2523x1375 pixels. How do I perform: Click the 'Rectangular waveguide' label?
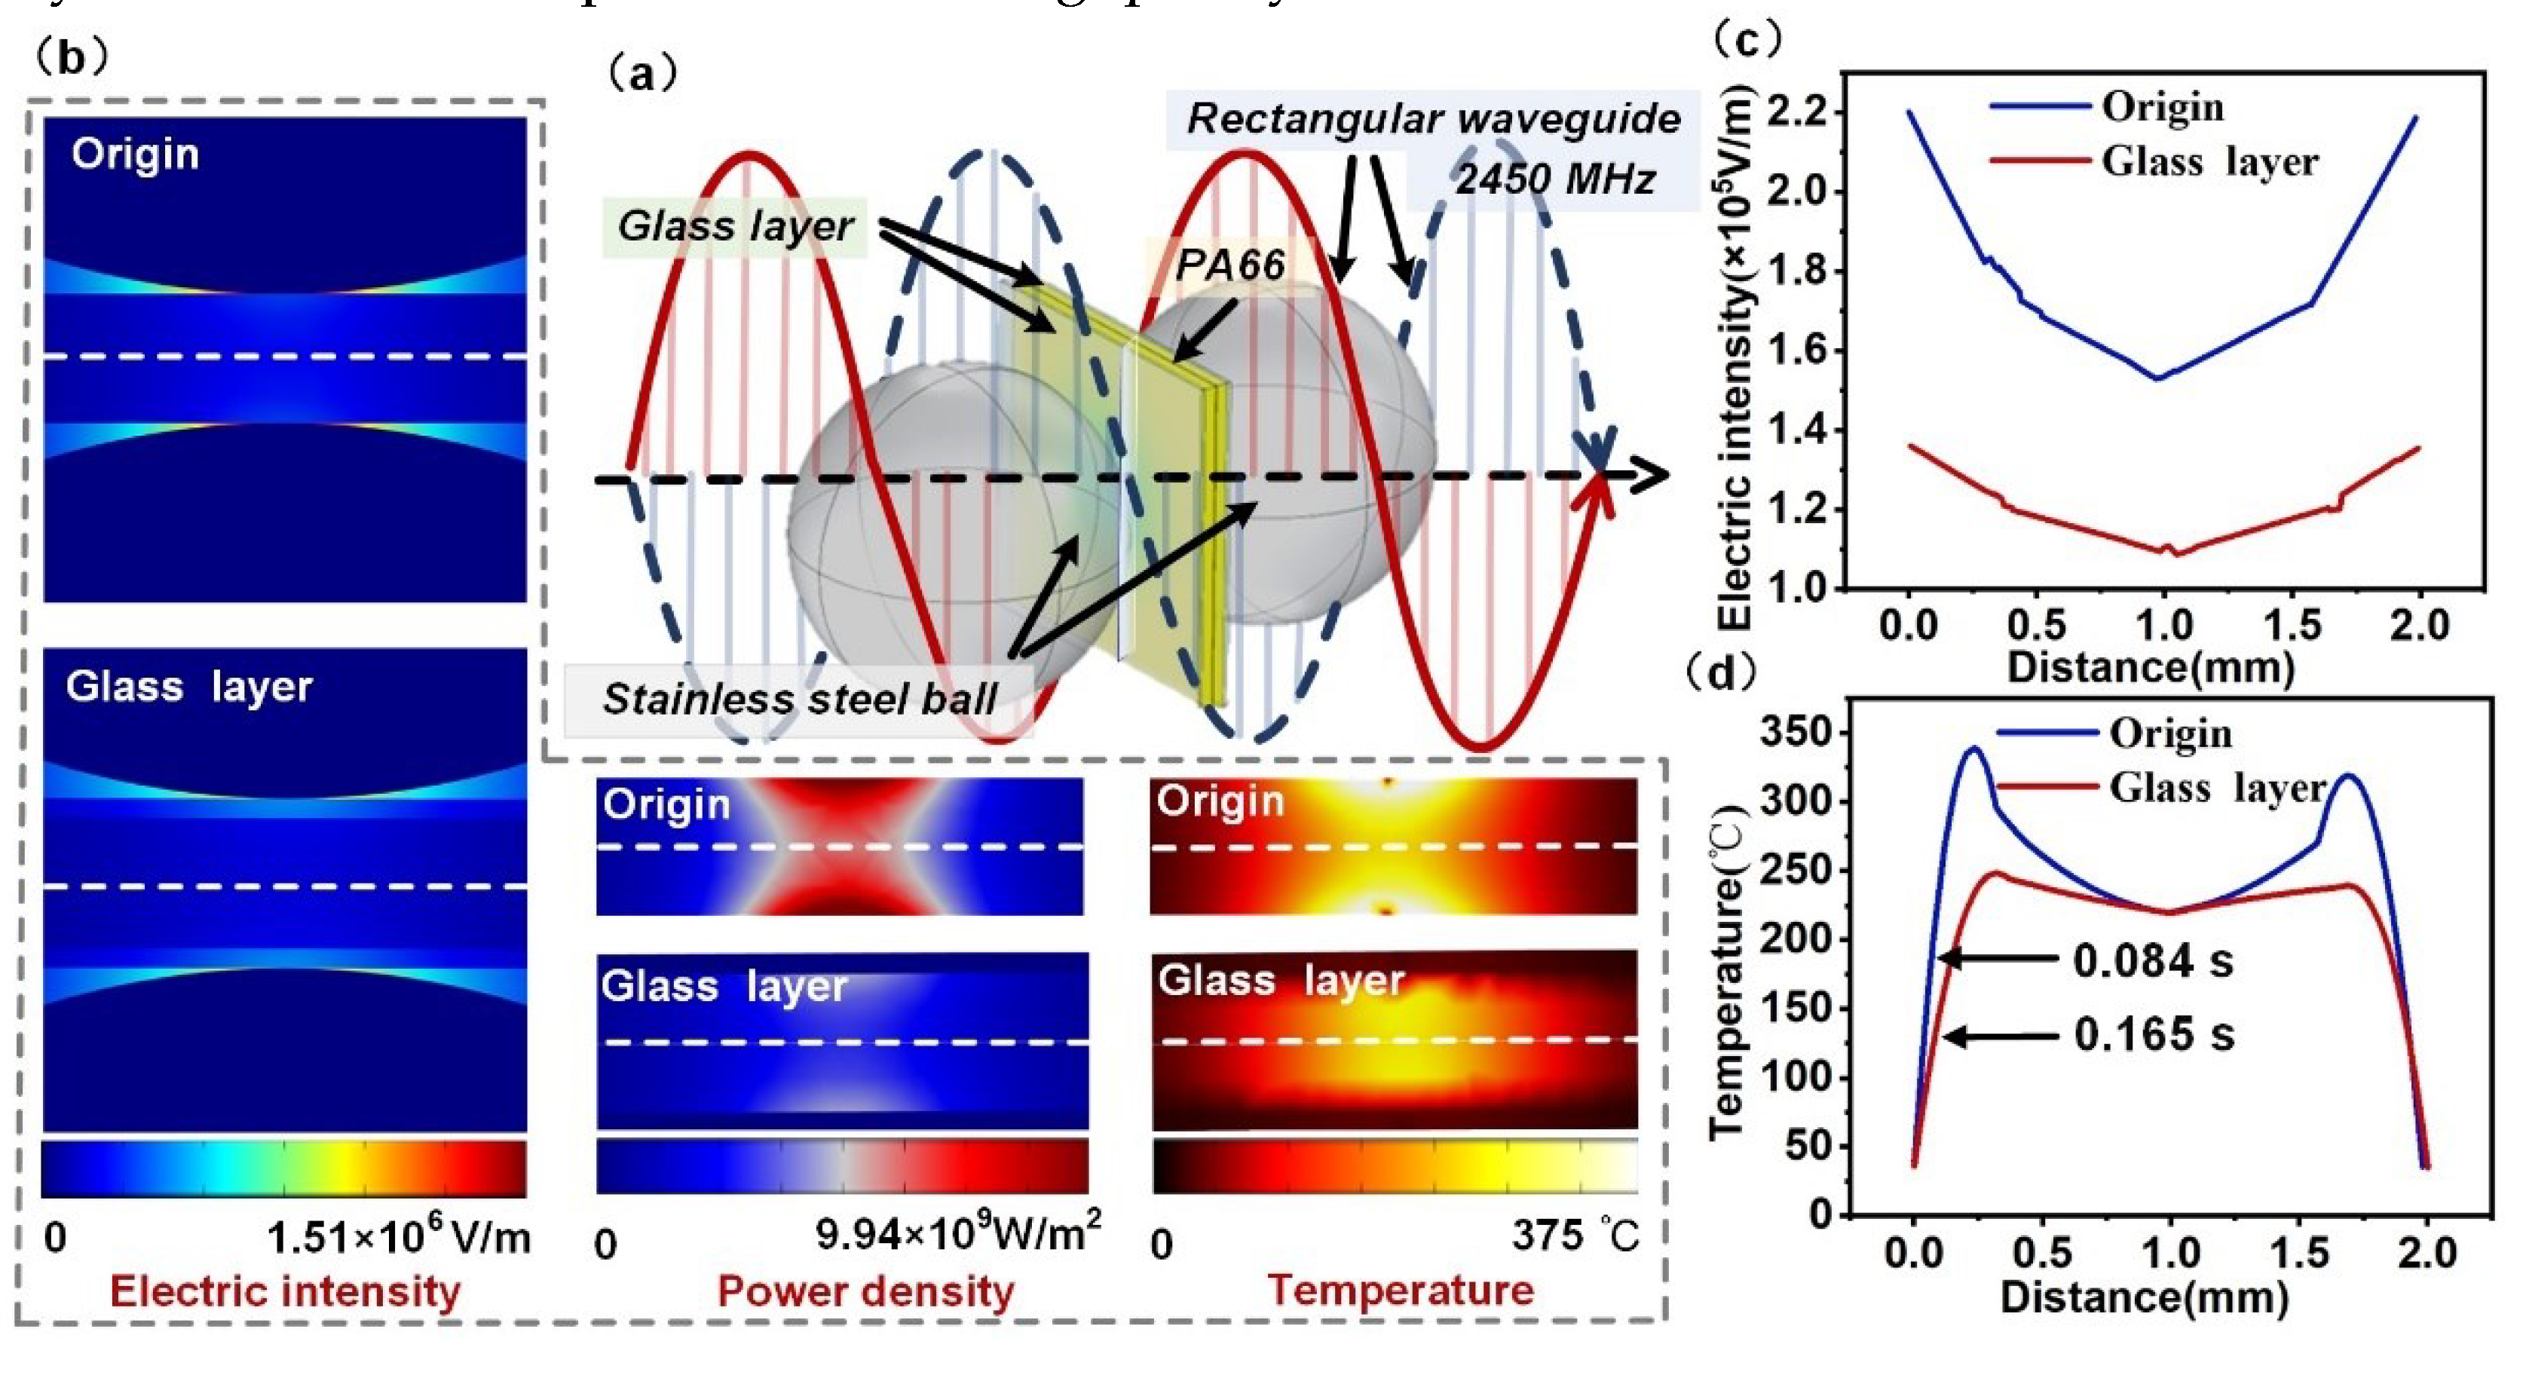coord(1433,119)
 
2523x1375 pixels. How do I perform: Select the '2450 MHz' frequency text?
coord(1554,179)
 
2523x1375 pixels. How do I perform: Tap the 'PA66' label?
coord(1229,265)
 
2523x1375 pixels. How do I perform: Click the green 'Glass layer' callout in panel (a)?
coord(734,226)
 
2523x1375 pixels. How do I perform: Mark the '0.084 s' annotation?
coord(2153,960)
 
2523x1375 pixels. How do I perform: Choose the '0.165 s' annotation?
coord(2154,1034)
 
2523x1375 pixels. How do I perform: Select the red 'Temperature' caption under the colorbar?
coord(1401,1290)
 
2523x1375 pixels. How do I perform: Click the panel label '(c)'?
coord(1747,39)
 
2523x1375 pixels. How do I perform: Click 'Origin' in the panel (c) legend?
coord(2163,107)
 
